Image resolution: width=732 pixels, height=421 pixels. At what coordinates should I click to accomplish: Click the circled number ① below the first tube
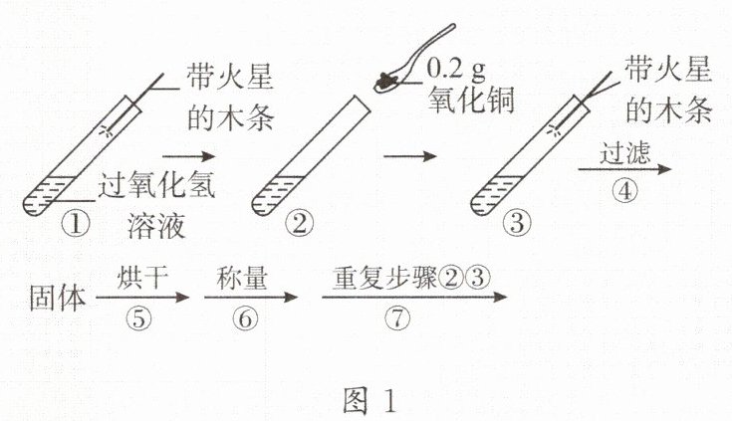point(76,221)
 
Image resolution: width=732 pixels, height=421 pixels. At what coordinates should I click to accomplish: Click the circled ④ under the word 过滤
point(624,192)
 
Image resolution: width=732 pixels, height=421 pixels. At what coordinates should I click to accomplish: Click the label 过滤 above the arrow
point(625,154)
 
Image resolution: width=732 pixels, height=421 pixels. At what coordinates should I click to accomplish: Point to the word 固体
point(59,297)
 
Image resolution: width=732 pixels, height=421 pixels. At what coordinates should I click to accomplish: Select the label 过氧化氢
point(158,185)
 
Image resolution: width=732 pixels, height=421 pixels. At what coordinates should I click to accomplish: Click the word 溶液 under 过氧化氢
point(156,224)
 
